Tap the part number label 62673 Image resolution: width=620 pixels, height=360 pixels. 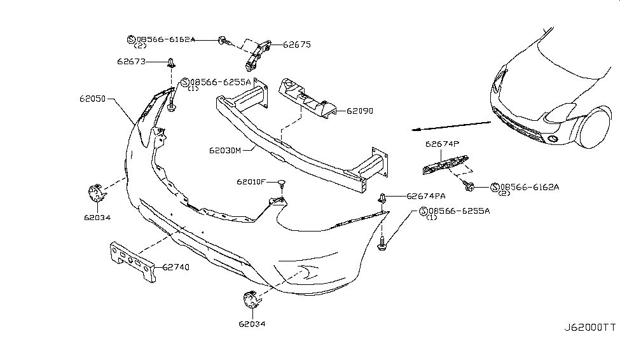132,62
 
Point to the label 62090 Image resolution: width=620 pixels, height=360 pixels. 359,111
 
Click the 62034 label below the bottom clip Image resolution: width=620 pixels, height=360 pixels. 252,323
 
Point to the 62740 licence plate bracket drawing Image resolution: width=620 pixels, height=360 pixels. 132,260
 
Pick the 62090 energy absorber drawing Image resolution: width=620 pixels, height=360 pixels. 305,99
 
